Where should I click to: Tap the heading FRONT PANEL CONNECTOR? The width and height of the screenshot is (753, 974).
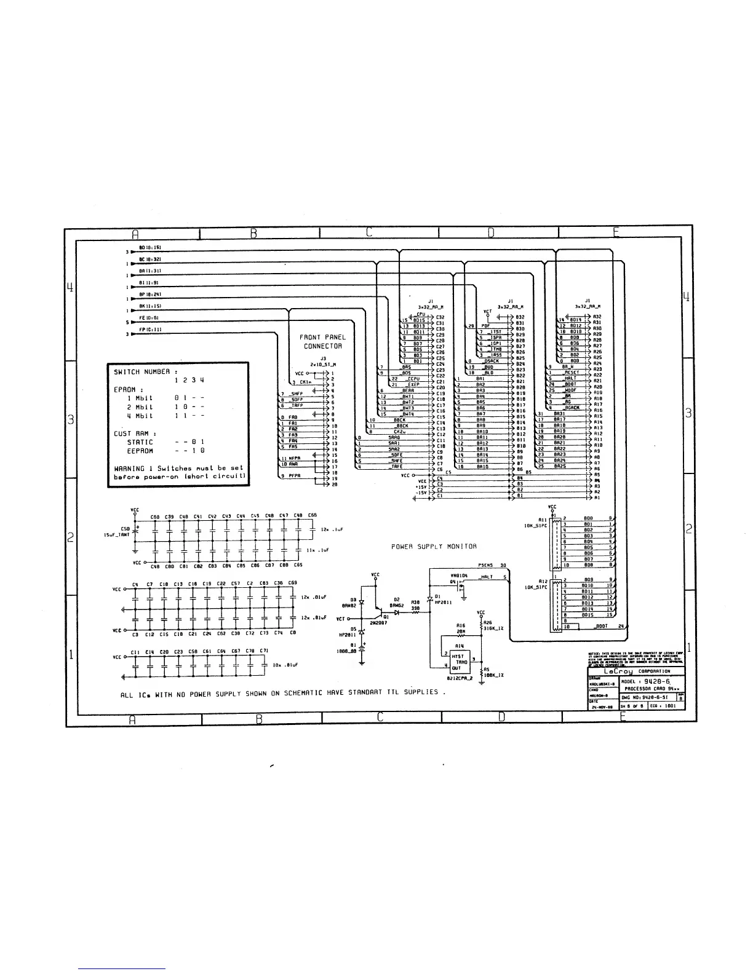click(322, 341)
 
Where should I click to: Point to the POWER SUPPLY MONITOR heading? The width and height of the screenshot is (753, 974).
click(434, 546)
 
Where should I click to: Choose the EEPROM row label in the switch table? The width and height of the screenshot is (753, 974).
click(141, 451)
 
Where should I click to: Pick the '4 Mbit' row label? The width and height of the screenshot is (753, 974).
click(140, 416)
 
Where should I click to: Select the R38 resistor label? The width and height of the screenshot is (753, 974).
click(415, 602)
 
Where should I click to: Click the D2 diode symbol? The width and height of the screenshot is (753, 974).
click(397, 612)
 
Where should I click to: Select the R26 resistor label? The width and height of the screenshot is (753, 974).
click(488, 622)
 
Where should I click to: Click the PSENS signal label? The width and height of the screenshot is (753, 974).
click(485, 565)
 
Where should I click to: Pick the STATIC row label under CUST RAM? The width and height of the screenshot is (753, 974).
click(140, 441)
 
